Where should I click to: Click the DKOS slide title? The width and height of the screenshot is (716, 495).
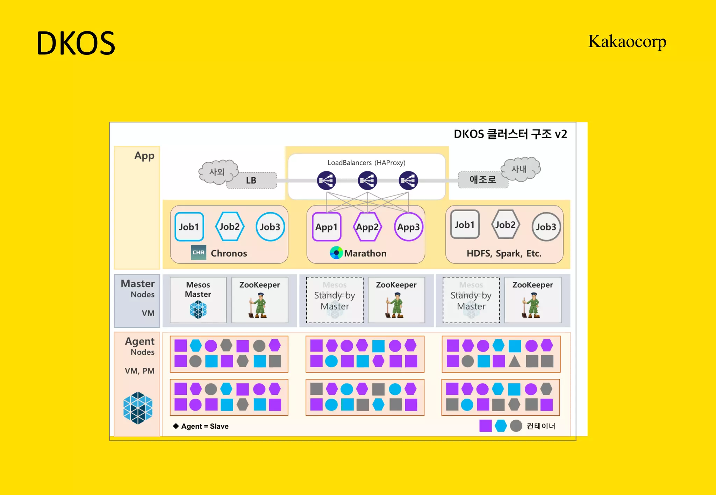(76, 43)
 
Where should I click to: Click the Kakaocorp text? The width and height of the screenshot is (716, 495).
(627, 42)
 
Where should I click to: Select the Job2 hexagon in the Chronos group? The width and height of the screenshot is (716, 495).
(229, 227)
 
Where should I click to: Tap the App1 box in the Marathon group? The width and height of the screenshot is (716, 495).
(327, 227)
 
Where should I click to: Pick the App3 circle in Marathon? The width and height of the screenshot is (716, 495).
(408, 227)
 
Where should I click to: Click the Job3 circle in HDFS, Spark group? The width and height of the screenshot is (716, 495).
(546, 227)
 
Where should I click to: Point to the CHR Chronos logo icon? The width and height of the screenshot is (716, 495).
(198, 252)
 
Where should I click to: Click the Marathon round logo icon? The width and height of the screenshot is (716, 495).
(336, 253)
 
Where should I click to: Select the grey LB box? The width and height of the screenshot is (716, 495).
(251, 180)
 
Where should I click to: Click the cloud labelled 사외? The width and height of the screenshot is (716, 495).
(217, 171)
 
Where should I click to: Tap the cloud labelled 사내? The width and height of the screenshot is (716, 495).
(520, 169)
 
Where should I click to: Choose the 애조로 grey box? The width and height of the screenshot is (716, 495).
(483, 180)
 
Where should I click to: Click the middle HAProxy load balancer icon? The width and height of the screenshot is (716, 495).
(367, 180)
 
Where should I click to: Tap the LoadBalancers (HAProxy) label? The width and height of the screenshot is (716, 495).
(366, 163)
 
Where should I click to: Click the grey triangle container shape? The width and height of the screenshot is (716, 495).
(514, 361)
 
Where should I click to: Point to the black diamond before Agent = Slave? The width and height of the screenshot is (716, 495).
(176, 426)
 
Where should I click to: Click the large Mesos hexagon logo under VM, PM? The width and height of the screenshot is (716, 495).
(138, 408)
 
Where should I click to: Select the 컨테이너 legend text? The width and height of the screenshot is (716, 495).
(541, 426)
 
